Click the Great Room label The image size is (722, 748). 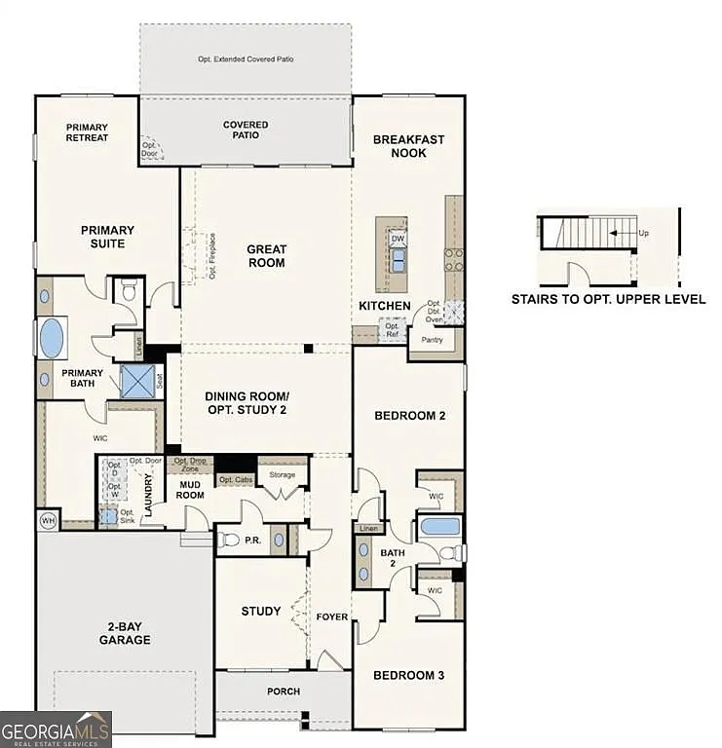coord(266,256)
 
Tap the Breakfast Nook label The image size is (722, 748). coord(408,146)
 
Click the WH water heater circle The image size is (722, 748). coord(48,521)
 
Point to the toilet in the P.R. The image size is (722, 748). coord(230,539)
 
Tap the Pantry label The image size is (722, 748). coord(431,340)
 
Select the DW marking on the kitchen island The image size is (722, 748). coord(398,239)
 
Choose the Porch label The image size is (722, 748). coord(284,692)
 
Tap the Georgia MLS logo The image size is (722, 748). coord(56,729)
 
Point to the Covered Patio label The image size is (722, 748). coord(246,131)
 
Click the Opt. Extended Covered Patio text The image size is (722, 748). coord(246,59)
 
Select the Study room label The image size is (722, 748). coord(261,612)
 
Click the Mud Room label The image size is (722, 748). coord(190,490)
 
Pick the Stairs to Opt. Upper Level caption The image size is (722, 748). coord(608,300)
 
